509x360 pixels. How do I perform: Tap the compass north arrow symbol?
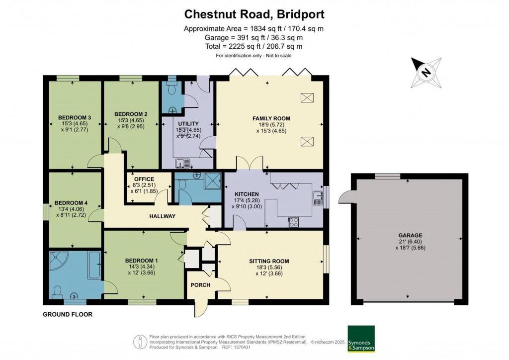(425, 72)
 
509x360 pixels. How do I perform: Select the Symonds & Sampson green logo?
(360, 338)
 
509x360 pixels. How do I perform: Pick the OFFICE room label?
(144, 179)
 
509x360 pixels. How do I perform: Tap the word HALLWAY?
(162, 216)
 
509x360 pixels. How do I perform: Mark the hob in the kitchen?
(293, 222)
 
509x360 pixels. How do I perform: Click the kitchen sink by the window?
(317, 198)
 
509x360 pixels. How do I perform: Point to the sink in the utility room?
(180, 163)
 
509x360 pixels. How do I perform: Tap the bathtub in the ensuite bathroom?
(93, 266)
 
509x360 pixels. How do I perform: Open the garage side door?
(344, 197)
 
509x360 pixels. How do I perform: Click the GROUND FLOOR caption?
(68, 314)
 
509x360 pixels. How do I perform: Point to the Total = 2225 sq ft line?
(254, 46)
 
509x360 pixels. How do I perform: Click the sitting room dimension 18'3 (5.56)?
(269, 268)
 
